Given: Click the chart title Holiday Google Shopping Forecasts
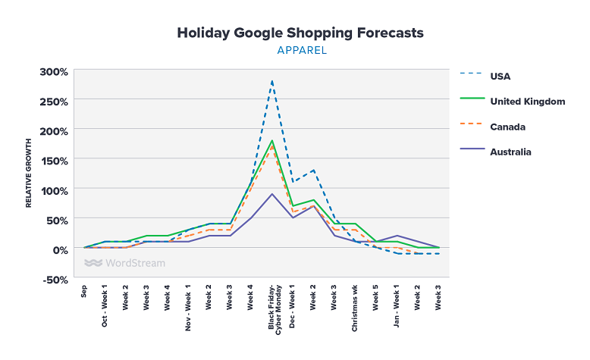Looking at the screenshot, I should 300,33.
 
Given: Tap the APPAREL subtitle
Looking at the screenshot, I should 300,52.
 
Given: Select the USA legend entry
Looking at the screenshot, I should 501,76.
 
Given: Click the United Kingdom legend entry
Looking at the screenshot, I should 527,101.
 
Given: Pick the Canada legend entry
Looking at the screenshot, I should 507,127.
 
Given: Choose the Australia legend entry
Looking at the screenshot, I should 510,152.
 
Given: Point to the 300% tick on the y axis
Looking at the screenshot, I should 54,72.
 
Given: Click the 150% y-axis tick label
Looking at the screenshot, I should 54,160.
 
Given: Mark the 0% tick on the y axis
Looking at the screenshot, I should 60,249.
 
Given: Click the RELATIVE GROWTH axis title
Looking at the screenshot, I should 29,174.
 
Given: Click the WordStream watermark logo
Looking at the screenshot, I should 124,263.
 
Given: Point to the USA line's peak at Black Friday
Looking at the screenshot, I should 271,81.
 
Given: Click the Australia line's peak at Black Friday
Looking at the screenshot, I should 271,194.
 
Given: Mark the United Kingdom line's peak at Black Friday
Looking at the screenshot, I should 271,141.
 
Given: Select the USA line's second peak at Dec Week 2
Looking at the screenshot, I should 313,171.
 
